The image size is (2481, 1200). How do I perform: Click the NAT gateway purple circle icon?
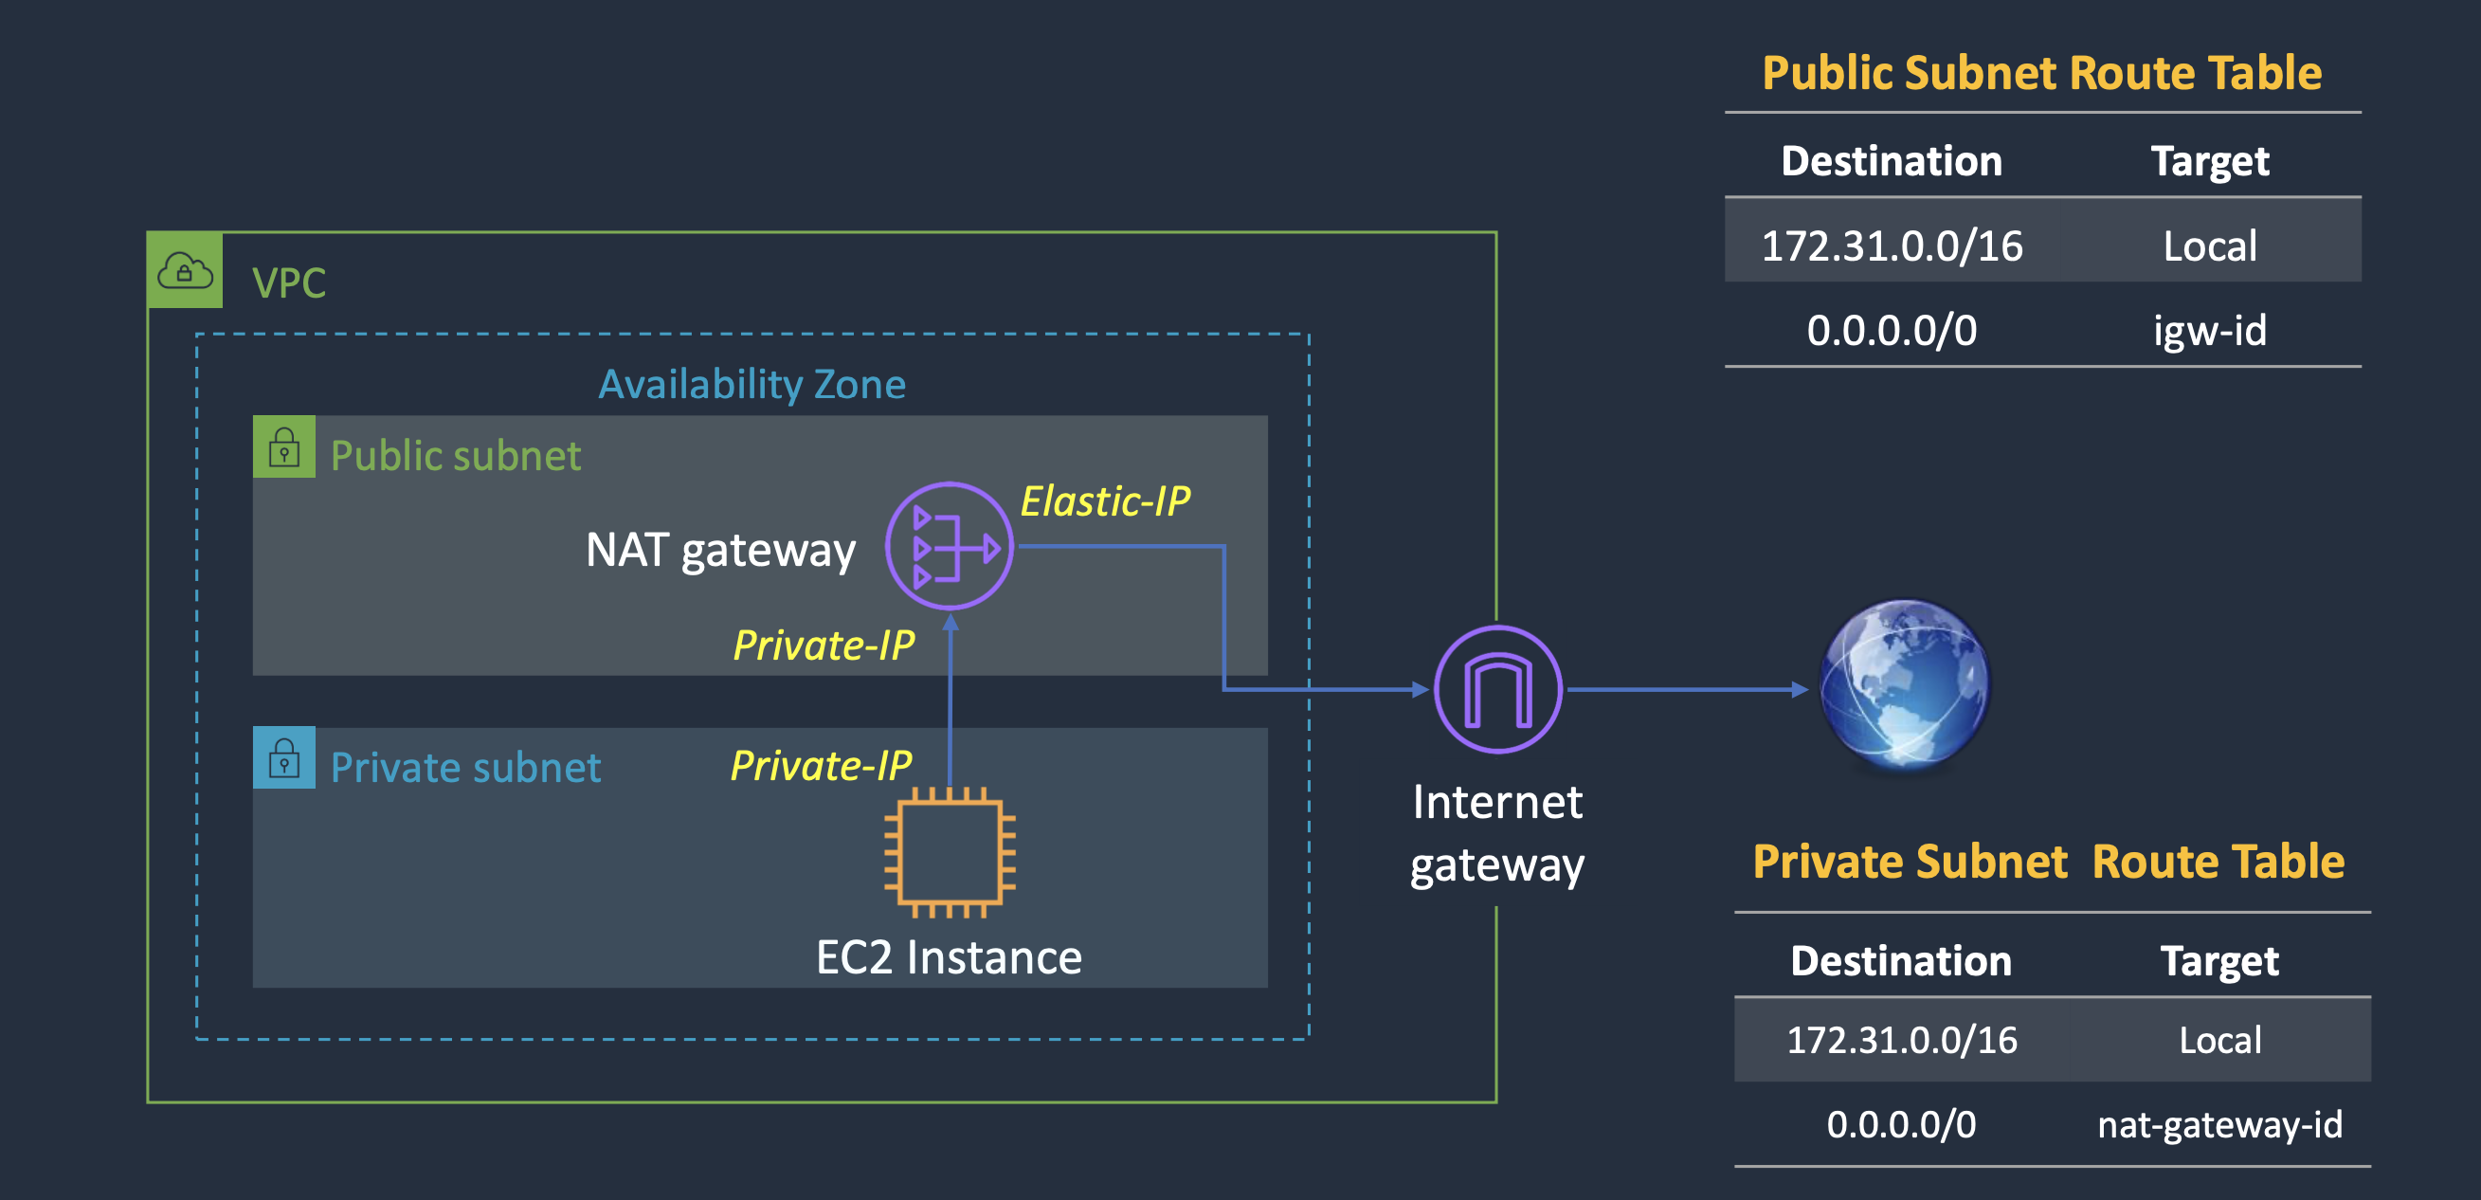point(949,546)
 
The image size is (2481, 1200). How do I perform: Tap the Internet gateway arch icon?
point(1497,688)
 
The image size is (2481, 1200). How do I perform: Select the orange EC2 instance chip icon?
point(950,852)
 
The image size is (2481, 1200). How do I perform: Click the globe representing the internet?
point(1904,683)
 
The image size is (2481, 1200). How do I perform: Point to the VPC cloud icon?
point(185,271)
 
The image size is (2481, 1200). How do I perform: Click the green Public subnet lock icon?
point(284,446)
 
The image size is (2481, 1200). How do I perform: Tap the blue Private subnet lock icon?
point(284,758)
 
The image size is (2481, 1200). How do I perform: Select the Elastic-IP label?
point(1105,500)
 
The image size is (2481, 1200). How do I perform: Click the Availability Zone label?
point(752,384)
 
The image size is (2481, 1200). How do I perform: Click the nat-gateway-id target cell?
point(2219,1124)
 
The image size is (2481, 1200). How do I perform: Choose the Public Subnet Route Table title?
point(2042,73)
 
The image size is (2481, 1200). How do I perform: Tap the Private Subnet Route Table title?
point(2049,861)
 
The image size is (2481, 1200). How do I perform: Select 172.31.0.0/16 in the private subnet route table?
point(1901,1040)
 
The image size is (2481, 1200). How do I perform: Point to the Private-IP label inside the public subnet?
point(824,645)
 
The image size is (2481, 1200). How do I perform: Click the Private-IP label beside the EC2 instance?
point(821,766)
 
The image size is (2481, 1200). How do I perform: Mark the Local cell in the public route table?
point(2209,245)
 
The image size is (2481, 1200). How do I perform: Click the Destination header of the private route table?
point(1900,960)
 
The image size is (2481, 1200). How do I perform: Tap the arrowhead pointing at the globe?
point(1799,689)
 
